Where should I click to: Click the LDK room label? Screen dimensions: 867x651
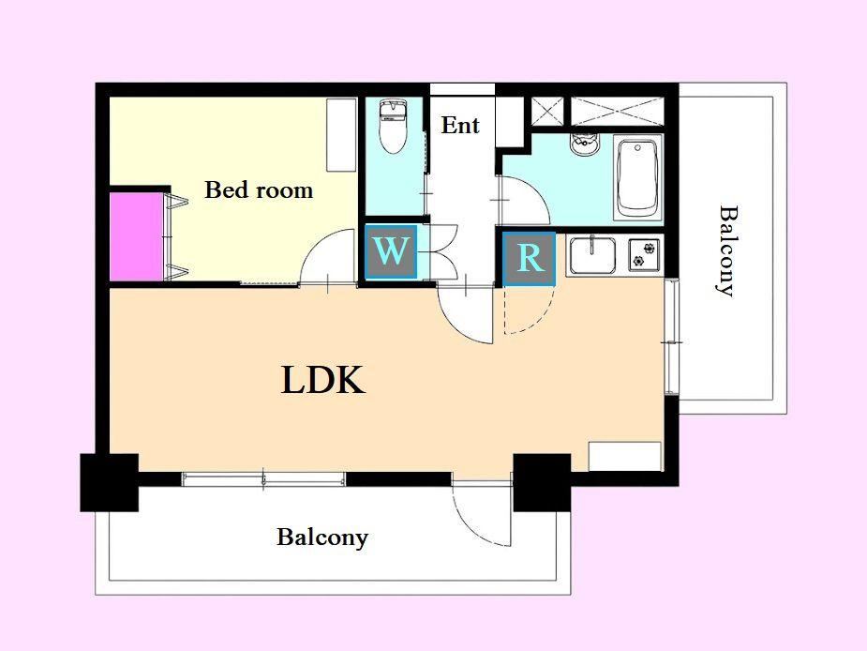click(x=323, y=380)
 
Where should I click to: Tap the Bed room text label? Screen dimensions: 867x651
click(x=259, y=189)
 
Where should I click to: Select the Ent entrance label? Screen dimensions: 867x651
click(x=460, y=125)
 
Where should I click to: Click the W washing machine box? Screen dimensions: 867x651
click(x=391, y=251)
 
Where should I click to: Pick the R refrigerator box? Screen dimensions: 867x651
click(x=530, y=259)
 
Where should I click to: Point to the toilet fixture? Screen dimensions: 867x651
click(x=393, y=127)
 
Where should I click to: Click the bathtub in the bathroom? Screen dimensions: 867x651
click(x=638, y=178)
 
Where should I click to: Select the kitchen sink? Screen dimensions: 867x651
click(x=592, y=255)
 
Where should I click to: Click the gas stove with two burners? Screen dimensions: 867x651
click(x=644, y=254)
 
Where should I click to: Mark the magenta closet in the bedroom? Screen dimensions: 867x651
click(x=137, y=236)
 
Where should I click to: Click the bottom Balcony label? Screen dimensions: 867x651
click(x=322, y=537)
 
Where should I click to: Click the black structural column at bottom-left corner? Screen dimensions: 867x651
click(x=109, y=482)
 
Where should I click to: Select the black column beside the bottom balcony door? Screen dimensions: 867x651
click(x=542, y=482)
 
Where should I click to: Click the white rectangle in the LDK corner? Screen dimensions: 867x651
click(x=625, y=456)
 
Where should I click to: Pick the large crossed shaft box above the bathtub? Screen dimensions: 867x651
click(x=617, y=111)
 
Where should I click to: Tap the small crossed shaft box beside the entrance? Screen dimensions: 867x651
click(x=547, y=111)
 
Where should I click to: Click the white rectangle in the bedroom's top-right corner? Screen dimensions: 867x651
click(x=341, y=135)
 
